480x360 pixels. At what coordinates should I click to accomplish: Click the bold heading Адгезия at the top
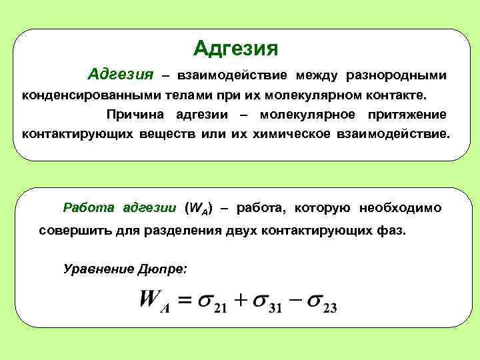(235, 48)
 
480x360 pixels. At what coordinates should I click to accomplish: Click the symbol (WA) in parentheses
(197, 209)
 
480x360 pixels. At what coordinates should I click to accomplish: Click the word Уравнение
(97, 268)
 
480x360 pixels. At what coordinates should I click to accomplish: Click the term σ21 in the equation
(215, 303)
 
